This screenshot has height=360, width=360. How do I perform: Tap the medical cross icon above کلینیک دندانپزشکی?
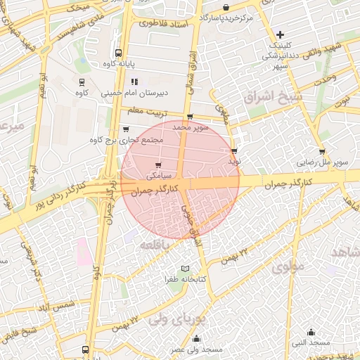point(280,34)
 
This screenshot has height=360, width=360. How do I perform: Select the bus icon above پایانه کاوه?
point(117,52)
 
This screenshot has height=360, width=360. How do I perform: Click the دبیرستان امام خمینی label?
point(132,92)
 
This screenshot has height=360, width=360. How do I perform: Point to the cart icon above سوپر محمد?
point(190,117)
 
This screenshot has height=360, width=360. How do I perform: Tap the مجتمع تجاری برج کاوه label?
point(127,140)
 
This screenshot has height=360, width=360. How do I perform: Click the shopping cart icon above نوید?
point(234,150)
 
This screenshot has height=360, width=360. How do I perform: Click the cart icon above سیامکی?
point(157,165)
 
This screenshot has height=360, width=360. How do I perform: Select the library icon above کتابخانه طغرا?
point(186,269)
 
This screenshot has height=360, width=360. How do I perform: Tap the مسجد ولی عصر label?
point(197,349)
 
